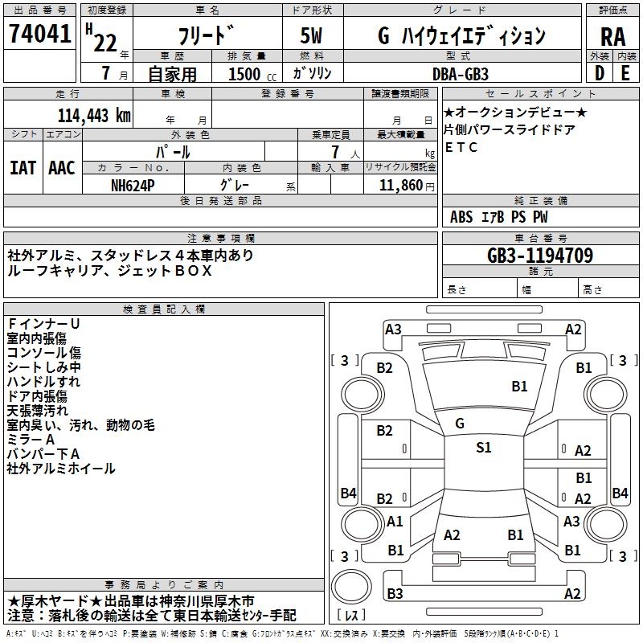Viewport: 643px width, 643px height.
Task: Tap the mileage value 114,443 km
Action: point(93,115)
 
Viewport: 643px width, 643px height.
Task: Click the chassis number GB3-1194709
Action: point(540,256)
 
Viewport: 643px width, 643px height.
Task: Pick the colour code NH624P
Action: point(133,185)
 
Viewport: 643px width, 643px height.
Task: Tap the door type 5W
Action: point(313,36)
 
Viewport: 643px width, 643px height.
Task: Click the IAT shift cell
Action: point(23,167)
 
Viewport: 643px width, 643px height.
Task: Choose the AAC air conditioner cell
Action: point(61,167)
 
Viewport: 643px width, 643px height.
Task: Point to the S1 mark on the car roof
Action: point(483,448)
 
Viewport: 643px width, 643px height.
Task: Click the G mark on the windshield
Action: point(459,423)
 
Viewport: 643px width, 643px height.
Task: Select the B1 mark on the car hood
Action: point(519,386)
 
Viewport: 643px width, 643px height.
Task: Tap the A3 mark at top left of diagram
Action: point(393,329)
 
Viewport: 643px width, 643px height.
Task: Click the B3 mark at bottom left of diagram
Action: point(395,593)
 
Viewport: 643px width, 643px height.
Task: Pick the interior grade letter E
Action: point(625,73)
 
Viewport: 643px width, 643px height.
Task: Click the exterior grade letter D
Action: point(599,73)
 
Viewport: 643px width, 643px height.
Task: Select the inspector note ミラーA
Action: point(31,440)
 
